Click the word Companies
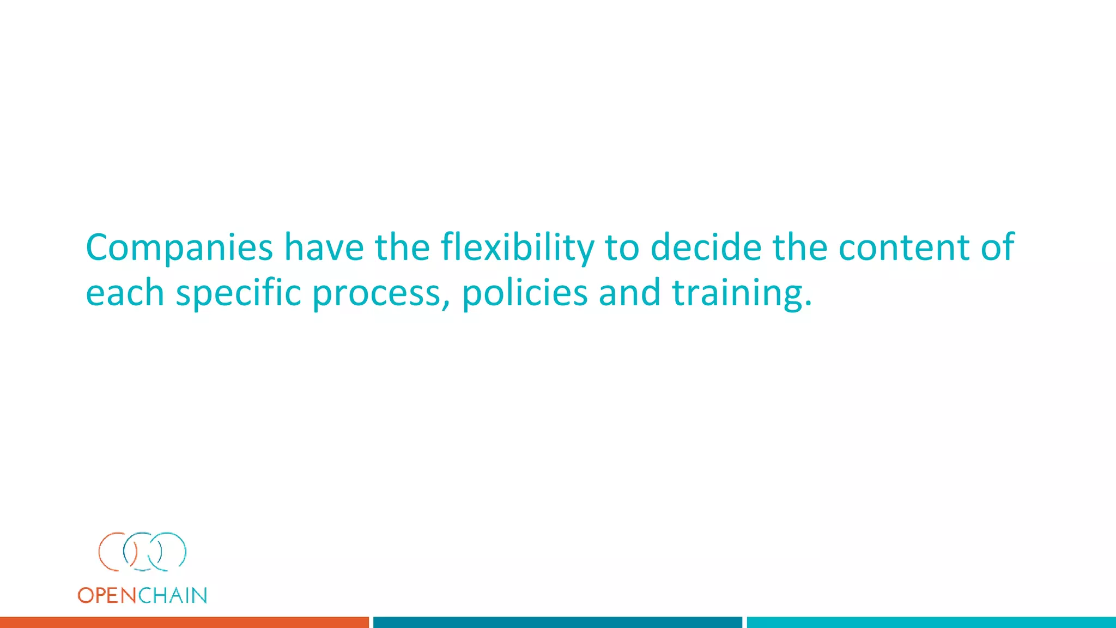click(179, 248)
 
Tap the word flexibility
click(517, 248)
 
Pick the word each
click(125, 293)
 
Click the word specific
click(238, 294)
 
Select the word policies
click(525, 294)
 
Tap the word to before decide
click(622, 248)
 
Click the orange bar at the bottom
click(184, 622)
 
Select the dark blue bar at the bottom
click(557, 622)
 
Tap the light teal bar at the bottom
click(931, 622)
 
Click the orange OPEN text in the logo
click(107, 595)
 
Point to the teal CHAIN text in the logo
click(172, 595)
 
